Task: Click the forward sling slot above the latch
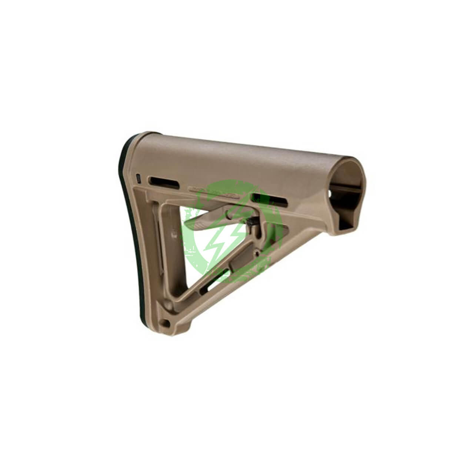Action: point(269,199)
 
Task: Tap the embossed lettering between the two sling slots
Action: point(212,190)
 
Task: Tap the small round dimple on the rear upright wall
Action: point(173,234)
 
